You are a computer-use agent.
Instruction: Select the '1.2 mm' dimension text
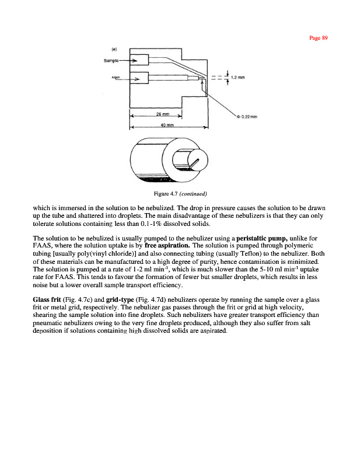237,78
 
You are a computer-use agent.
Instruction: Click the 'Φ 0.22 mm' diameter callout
247,116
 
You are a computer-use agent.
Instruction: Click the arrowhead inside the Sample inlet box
136,61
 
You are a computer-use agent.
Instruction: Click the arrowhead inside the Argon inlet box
136,78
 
